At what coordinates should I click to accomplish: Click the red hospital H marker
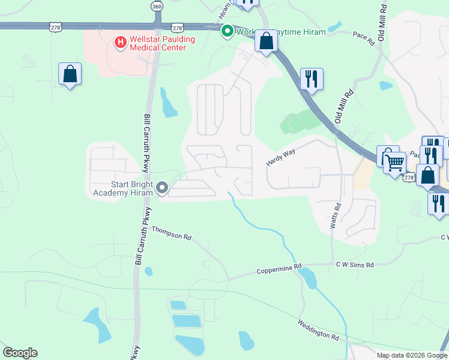coord(120,42)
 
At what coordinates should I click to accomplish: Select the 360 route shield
coord(157,6)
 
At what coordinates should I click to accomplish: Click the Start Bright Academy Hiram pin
coord(162,188)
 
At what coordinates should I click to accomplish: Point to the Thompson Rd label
coord(170,233)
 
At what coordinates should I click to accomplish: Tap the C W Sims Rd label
coord(355,265)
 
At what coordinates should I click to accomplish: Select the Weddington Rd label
coord(318,331)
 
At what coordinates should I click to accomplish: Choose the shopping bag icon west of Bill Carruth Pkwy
coord(70,74)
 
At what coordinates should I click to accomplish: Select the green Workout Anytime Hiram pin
coord(228,31)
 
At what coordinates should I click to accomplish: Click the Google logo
coord(20,353)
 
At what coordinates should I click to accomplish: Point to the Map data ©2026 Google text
coord(412,355)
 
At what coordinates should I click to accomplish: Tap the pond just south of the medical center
coord(168,103)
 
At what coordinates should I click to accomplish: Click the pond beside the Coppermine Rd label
coord(307,277)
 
